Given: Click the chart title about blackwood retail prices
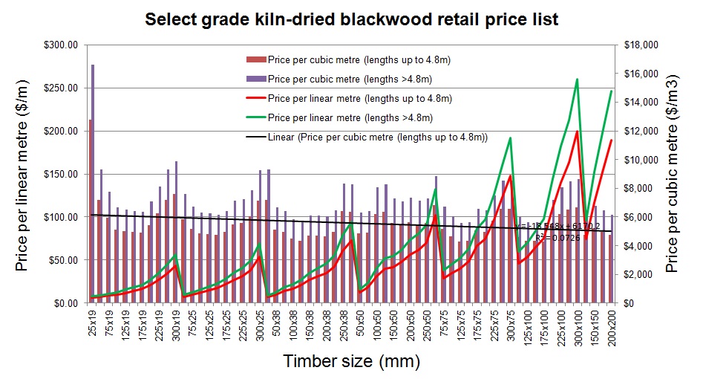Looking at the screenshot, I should click(351, 19).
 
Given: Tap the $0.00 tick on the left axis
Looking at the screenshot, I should click(65, 303).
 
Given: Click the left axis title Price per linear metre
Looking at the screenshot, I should click(23, 173).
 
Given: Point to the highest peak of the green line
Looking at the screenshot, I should click(577, 79).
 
